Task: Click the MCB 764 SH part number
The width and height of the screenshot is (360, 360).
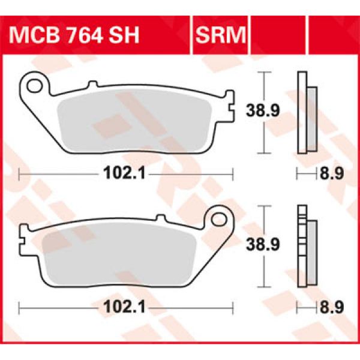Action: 76,37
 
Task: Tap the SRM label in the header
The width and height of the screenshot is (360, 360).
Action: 221,37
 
